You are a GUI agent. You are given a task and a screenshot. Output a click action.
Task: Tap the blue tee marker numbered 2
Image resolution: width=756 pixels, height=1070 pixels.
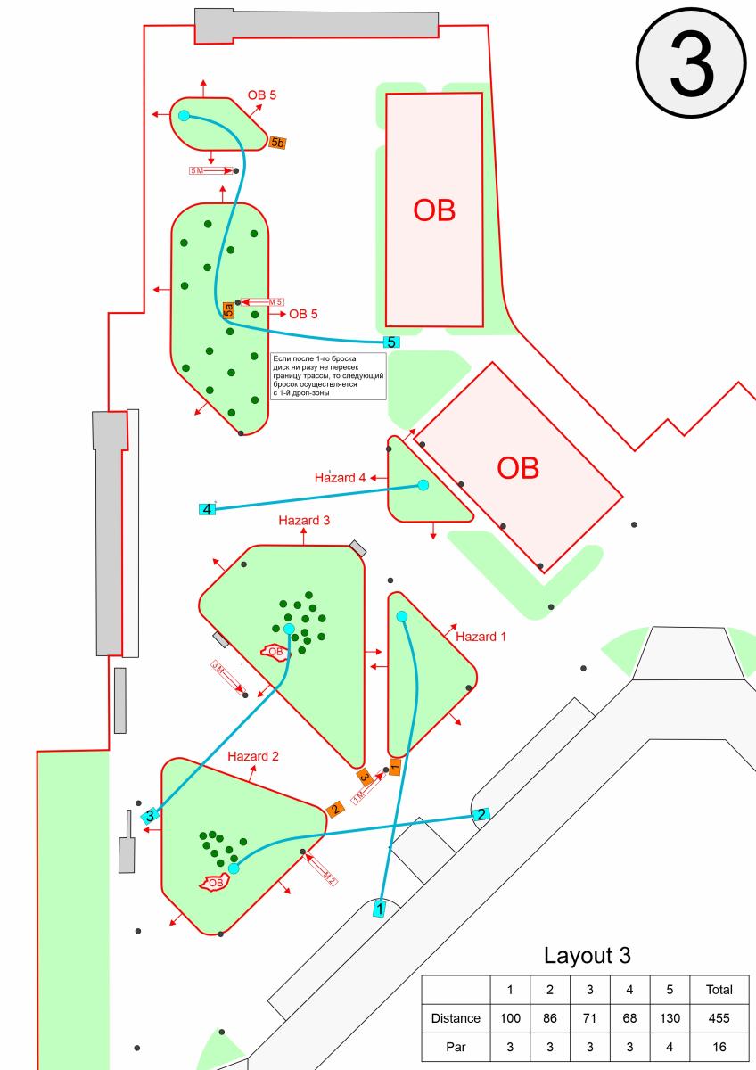(481, 814)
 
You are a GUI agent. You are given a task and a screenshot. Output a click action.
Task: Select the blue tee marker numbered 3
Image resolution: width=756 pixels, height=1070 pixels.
(151, 815)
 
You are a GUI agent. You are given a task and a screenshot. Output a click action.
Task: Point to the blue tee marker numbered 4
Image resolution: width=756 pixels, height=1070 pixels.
(207, 509)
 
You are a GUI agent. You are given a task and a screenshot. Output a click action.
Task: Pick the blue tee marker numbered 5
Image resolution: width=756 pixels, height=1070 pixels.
(391, 342)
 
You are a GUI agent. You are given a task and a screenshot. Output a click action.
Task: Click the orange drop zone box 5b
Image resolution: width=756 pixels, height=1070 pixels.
(277, 143)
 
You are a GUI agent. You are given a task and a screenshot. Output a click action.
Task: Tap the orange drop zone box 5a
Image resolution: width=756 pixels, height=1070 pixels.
(229, 310)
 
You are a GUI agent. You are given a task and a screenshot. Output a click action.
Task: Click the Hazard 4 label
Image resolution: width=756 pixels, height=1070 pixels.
(341, 477)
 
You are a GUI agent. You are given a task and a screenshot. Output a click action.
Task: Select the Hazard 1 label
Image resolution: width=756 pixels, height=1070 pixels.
(481, 637)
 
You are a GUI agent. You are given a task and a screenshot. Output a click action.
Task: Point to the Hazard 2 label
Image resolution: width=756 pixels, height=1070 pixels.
(253, 756)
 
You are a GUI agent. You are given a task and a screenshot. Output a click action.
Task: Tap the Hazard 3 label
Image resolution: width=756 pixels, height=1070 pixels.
(304, 520)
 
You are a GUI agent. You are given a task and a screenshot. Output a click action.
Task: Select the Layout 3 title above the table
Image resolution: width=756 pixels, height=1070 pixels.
(587, 956)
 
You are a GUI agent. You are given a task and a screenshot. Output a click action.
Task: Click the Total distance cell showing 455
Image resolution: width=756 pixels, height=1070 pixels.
(719, 1017)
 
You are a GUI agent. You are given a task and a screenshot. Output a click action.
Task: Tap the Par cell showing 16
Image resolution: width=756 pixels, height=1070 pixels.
(719, 1048)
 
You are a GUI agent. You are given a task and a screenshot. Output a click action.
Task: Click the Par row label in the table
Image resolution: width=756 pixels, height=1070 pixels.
(456, 1048)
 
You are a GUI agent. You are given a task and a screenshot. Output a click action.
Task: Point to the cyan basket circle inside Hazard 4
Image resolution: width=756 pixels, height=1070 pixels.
(423, 485)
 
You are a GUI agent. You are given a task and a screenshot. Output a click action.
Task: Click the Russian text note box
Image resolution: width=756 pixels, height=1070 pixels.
(328, 375)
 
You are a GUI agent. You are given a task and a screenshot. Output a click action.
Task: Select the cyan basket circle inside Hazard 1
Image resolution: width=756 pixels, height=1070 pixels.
(401, 616)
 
